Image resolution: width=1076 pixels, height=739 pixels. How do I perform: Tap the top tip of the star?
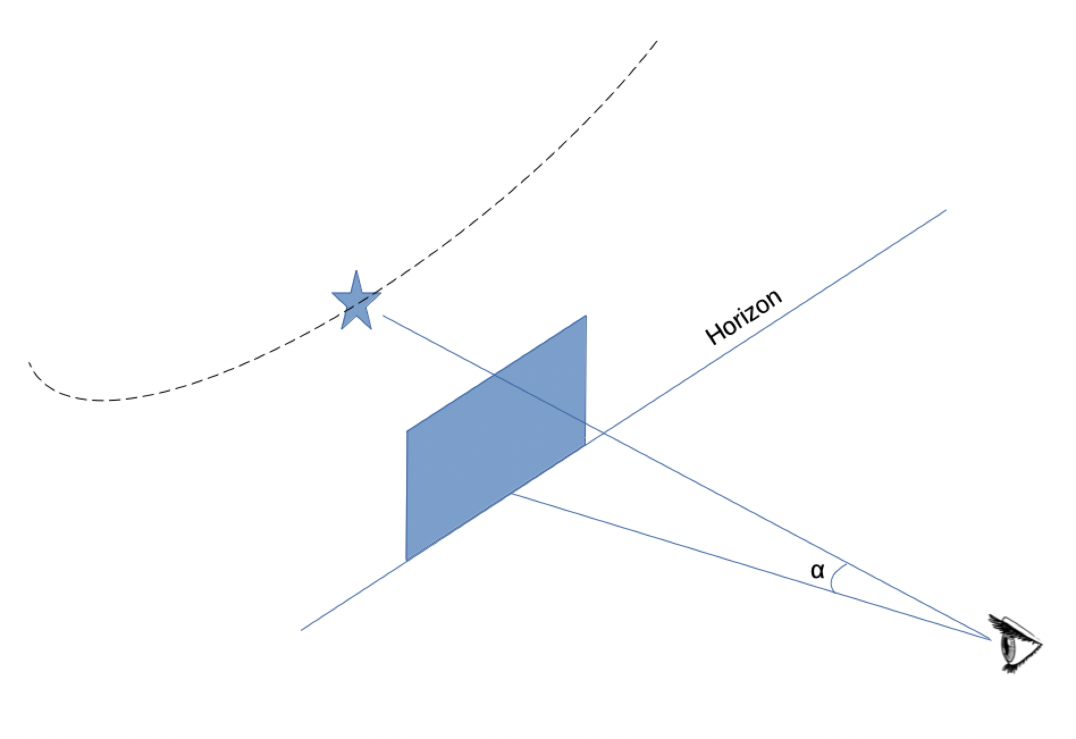356,270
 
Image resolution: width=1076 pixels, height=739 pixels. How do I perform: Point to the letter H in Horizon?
716,334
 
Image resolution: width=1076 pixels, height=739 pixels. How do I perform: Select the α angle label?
817,570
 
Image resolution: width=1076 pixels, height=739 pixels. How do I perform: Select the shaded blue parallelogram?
496,438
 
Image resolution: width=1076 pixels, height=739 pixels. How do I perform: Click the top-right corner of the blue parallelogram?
586,316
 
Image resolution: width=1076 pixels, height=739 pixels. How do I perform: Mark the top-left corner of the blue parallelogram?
407,431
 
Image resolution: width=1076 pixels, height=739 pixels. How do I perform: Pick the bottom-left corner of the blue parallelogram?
406,561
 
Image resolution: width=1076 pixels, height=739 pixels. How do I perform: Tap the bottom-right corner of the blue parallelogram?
586,445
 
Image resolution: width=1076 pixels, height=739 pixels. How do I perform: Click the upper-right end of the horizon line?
946,210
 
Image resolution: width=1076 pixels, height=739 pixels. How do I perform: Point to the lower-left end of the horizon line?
301,630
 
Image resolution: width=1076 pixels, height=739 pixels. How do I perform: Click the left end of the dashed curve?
29,362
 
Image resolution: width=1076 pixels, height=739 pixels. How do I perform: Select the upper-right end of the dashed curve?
657,41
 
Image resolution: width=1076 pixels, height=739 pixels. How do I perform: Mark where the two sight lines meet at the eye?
991,640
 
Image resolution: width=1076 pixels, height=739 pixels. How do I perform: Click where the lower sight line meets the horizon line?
512,494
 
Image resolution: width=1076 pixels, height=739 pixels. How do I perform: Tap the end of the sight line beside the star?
383,316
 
